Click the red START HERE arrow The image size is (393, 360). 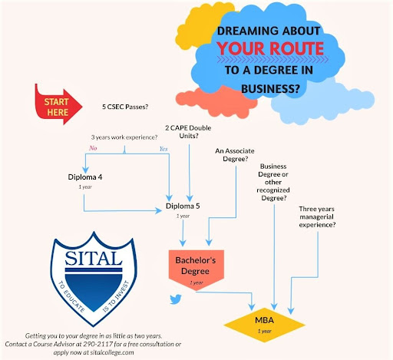click(x=58, y=105)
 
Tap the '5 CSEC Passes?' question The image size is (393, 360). click(x=125, y=107)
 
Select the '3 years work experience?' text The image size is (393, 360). click(x=124, y=137)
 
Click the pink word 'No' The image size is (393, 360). click(x=93, y=148)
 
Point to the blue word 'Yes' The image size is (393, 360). click(x=163, y=149)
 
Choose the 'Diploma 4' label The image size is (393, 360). click(x=85, y=177)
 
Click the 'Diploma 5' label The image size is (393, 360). click(x=183, y=206)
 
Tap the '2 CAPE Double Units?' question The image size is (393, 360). click(x=188, y=132)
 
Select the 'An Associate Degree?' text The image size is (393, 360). click(x=235, y=155)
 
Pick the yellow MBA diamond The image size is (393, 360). click(x=265, y=325)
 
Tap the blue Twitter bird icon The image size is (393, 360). click(x=176, y=299)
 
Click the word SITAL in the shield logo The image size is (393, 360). click(x=94, y=258)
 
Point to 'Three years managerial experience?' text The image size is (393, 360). click(x=317, y=216)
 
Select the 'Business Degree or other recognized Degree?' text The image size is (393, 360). click(x=273, y=182)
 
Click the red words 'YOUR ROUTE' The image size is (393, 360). click(x=270, y=48)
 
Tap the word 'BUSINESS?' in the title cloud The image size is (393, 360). click(x=270, y=89)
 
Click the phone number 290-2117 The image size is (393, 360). click(x=97, y=344)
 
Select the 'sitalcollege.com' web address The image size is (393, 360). click(x=112, y=352)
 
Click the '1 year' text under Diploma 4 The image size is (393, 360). click(x=85, y=187)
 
